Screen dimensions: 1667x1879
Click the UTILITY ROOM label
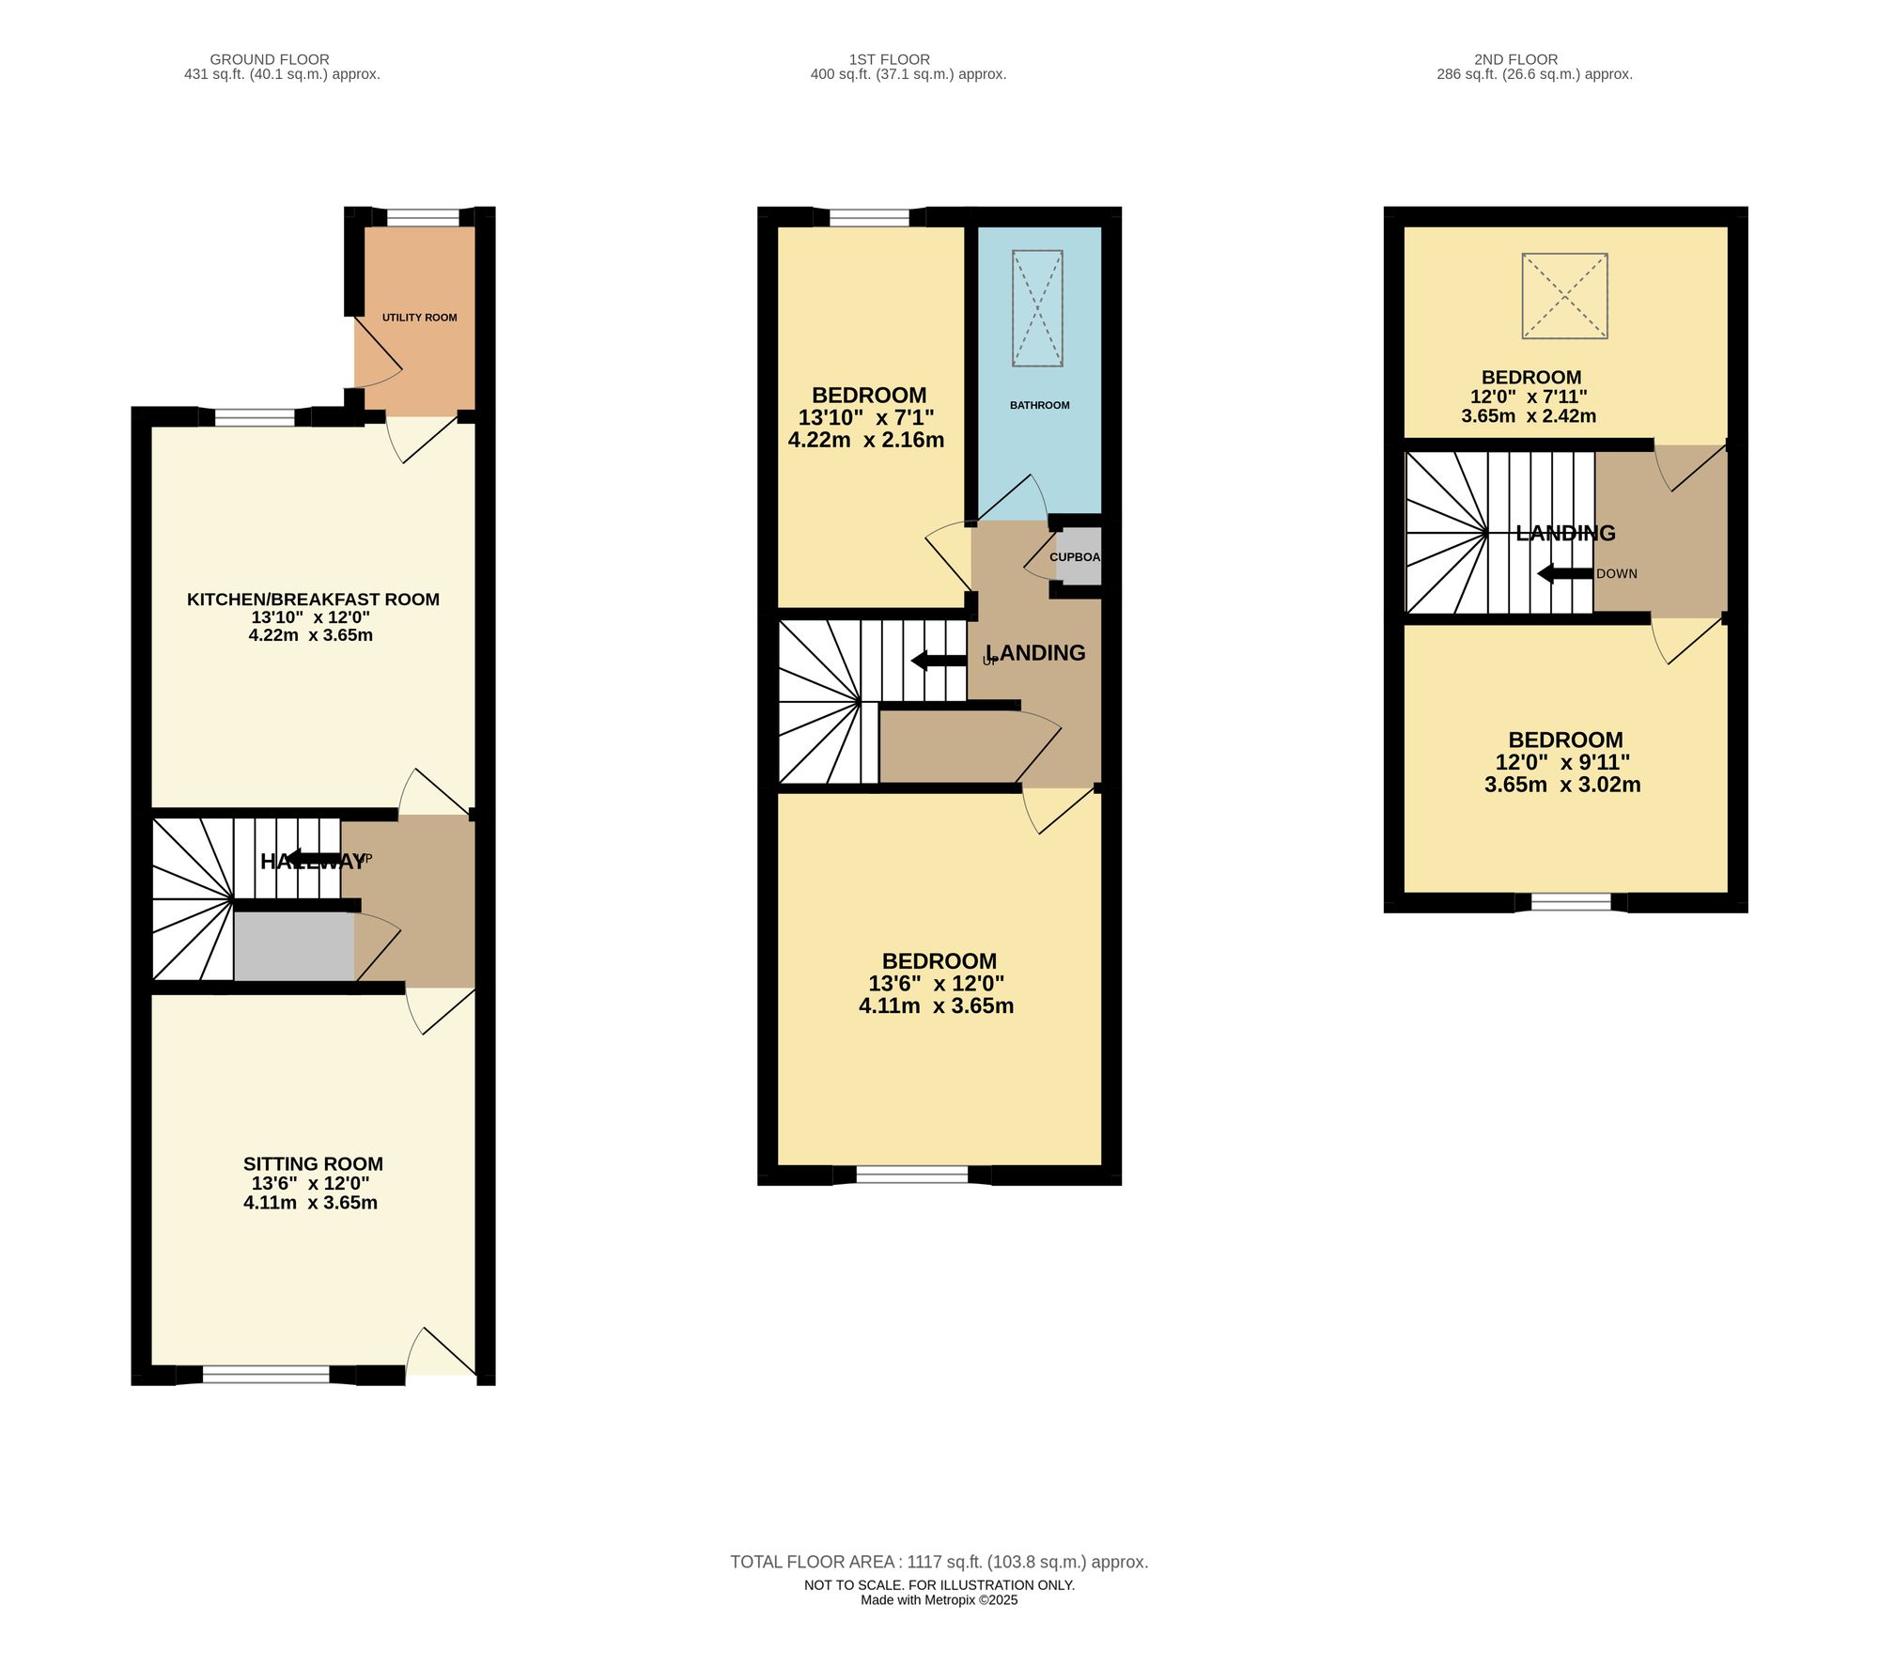[419, 318]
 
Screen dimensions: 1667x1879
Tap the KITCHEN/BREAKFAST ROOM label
[313, 600]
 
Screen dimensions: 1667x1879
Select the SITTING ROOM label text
[313, 1163]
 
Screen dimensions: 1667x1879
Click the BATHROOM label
[1039, 405]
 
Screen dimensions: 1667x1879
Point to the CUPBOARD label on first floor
[1075, 557]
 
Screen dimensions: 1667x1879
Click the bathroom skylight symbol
[1037, 307]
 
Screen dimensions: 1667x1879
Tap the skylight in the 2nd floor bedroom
[1564, 295]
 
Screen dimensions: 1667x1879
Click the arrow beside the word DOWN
[1563, 573]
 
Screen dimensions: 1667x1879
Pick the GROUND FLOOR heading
[270, 59]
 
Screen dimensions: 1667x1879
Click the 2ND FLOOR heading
[1515, 59]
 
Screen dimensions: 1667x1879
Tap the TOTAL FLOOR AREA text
[939, 1562]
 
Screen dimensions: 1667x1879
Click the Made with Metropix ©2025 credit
[939, 1600]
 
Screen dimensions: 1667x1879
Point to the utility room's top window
[423, 218]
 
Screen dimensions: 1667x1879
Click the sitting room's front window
[266, 1375]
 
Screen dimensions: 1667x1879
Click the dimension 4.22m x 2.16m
[865, 440]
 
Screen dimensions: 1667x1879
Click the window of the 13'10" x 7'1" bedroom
[869, 218]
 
